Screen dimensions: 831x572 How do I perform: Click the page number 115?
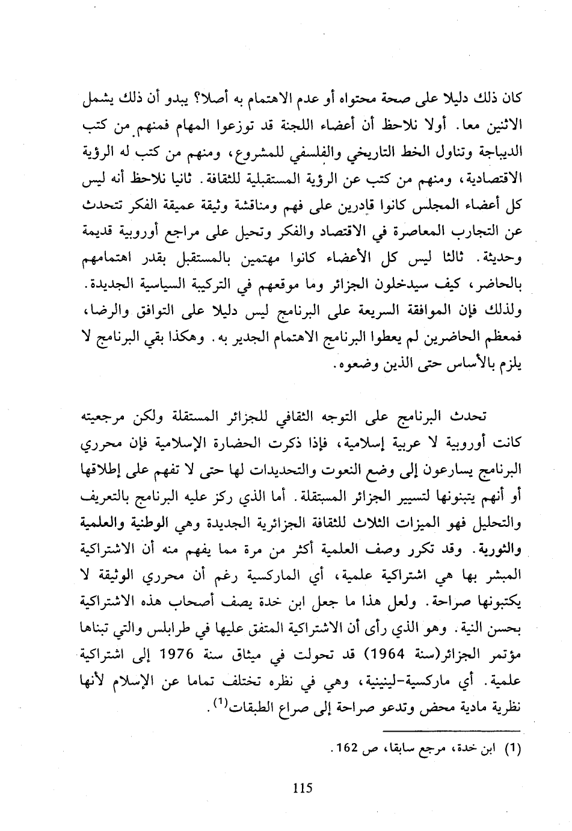(301, 786)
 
